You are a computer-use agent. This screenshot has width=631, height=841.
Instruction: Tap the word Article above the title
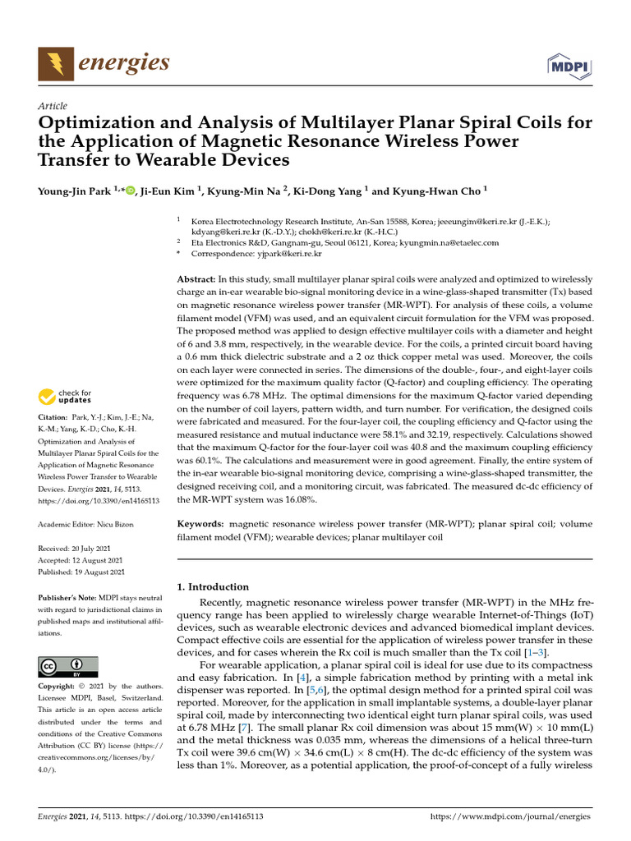pos(53,106)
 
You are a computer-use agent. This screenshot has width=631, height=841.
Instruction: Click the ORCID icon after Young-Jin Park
pos(131,191)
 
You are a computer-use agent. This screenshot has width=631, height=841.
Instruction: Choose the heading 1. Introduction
pos(213,586)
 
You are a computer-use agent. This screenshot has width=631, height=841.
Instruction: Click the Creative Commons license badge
pos(68,666)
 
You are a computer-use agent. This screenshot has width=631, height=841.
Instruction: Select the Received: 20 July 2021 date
pos(76,548)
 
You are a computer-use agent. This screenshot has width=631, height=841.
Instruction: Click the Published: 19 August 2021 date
pos(81,572)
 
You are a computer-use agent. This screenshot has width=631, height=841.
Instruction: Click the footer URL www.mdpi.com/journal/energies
pos(510,817)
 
